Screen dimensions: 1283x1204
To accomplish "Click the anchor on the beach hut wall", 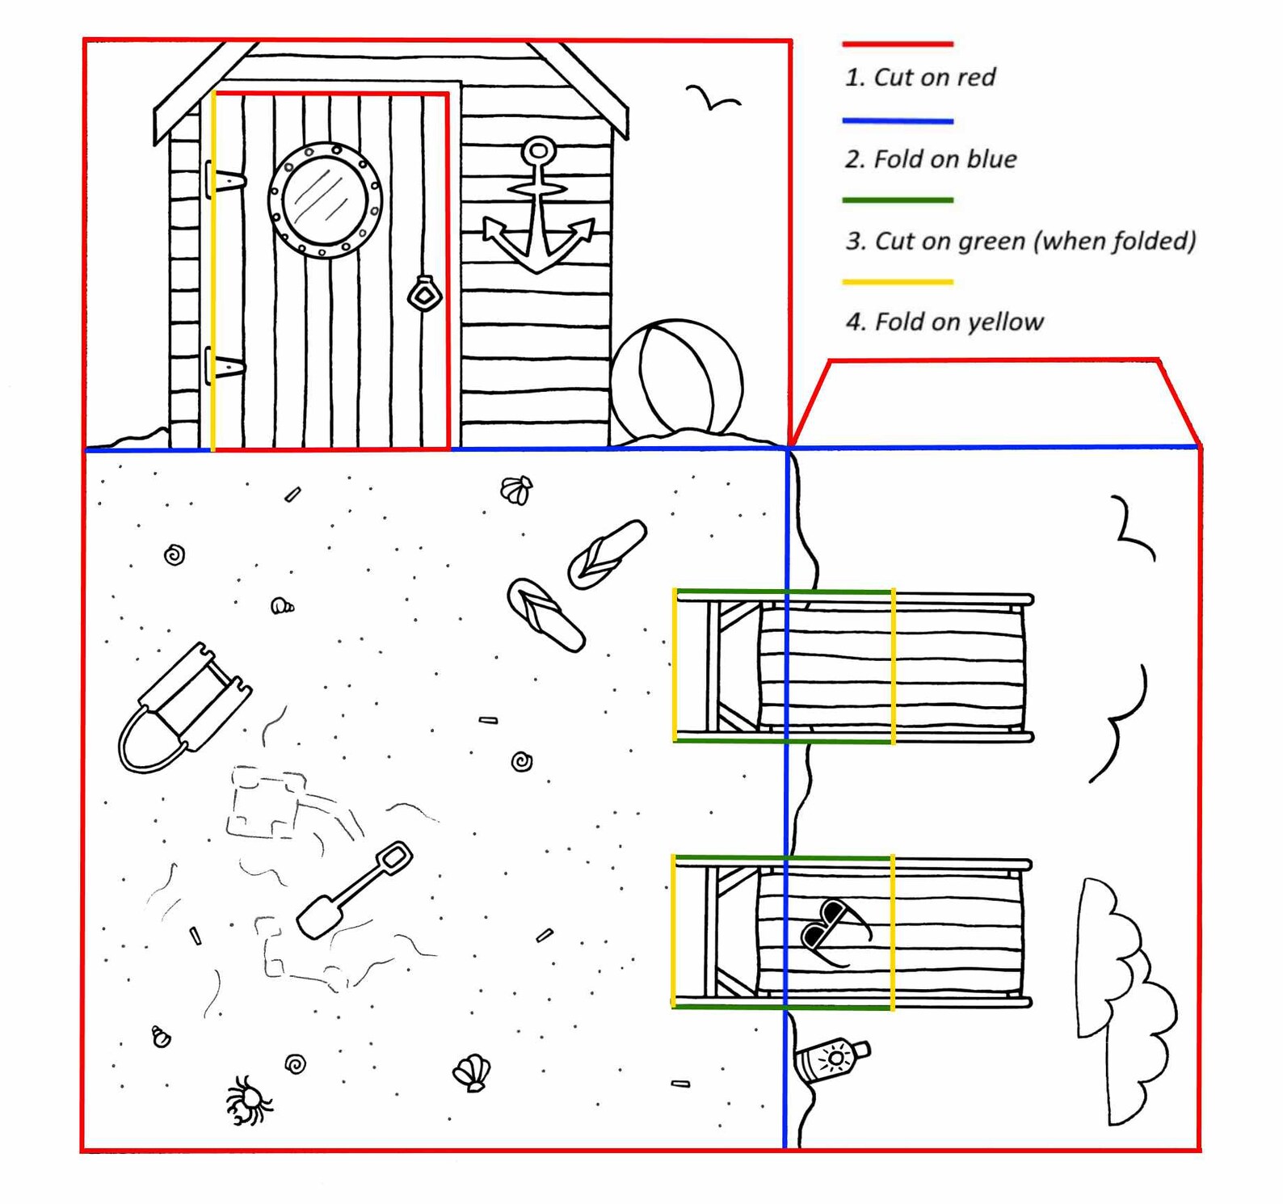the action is coord(538,207).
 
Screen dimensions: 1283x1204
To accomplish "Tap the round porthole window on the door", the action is coord(325,200).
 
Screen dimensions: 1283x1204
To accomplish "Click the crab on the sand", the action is coord(249,1100).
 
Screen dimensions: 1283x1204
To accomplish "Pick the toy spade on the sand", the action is coord(355,890).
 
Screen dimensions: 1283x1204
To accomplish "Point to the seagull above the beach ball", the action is coord(713,97).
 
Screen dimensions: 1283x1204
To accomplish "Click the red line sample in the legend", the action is coord(898,44).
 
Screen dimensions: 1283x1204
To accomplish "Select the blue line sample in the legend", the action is coord(898,121).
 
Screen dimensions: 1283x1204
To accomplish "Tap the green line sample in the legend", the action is coord(898,200).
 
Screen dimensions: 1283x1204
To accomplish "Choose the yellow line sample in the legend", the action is coord(898,282).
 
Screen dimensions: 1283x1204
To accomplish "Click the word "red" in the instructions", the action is coord(976,78).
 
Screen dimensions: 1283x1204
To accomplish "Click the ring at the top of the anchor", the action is coord(539,151).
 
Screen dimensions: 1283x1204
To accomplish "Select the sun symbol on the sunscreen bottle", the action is coord(835,1058).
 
